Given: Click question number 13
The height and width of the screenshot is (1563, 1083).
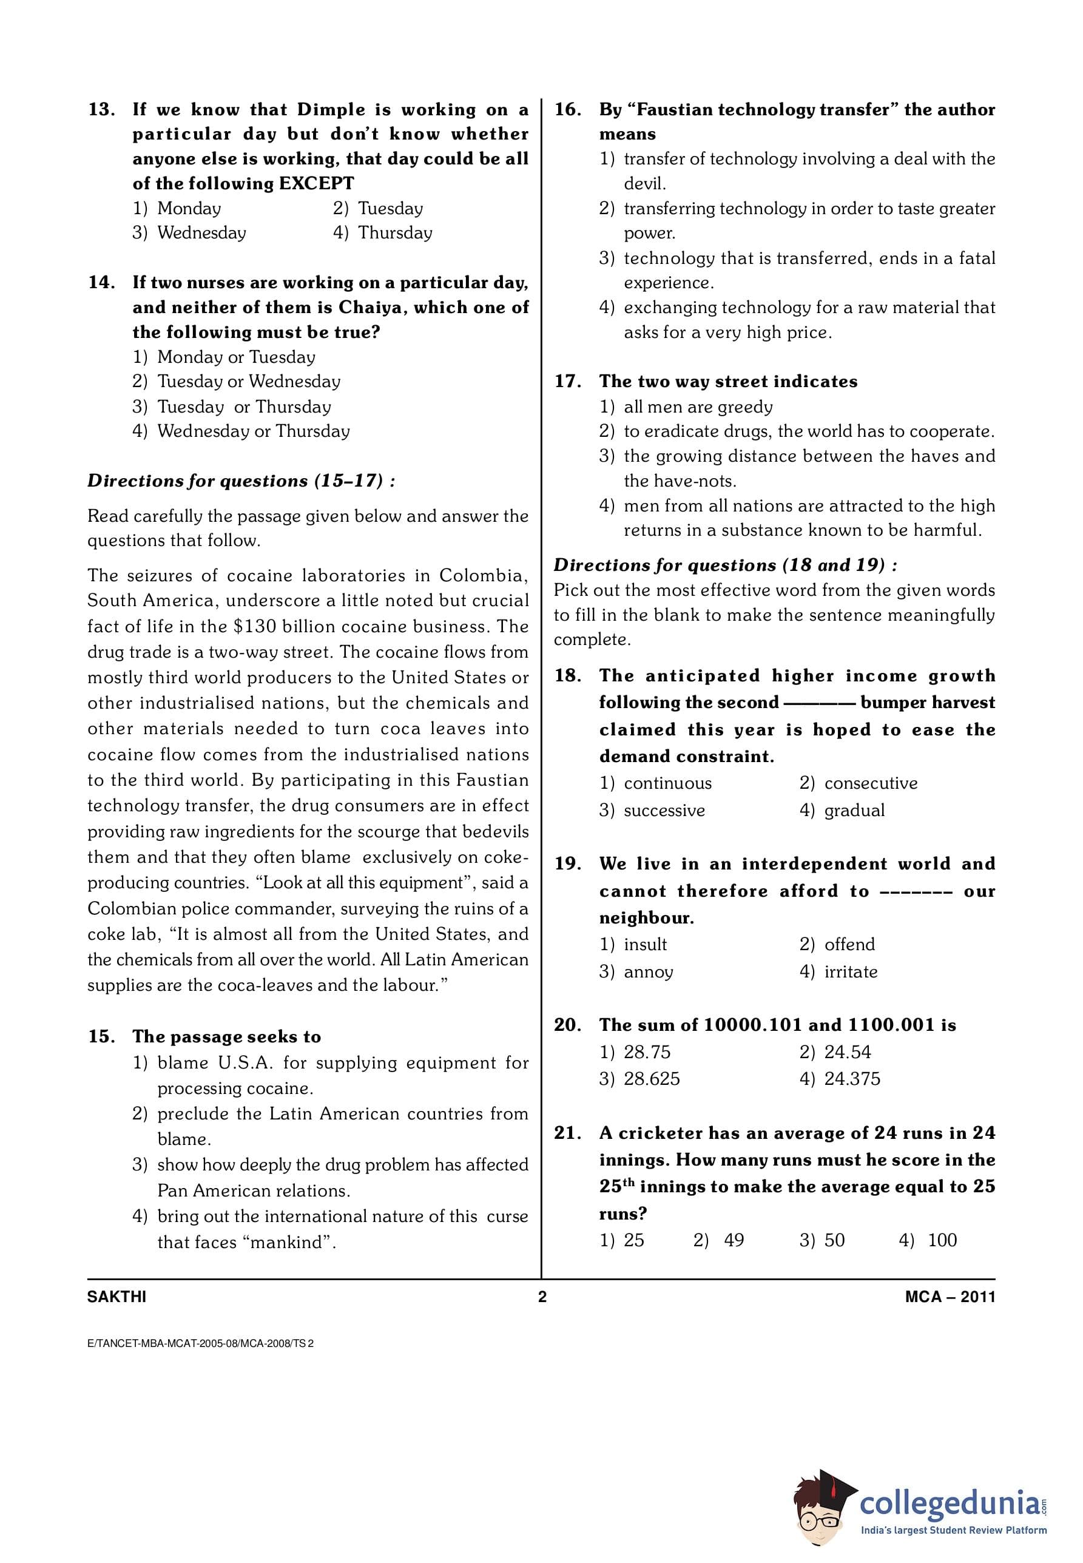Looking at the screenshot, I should click(102, 110).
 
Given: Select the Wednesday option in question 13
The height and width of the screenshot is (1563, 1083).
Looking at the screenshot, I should click(201, 233).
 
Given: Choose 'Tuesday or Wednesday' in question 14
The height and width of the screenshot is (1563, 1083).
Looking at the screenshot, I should click(248, 382).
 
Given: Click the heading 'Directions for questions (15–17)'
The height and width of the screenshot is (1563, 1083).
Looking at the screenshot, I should click(241, 481).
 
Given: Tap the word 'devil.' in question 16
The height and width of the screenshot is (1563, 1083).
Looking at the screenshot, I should click(644, 183).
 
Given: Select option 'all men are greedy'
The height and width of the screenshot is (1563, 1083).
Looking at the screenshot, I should click(698, 407).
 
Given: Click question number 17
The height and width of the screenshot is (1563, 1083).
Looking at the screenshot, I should click(567, 382).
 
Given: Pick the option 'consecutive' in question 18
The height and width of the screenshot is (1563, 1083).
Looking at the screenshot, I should click(870, 783).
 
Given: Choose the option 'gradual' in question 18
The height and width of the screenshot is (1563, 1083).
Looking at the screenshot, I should click(854, 811).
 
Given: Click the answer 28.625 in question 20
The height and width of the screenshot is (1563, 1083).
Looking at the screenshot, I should click(652, 1078).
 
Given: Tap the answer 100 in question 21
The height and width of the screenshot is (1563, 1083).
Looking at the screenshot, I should click(941, 1240).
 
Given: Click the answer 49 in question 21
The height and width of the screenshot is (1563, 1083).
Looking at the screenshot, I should click(734, 1240).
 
